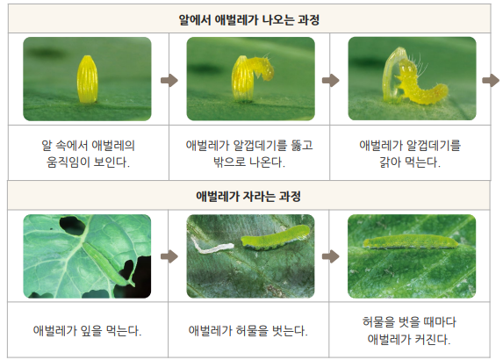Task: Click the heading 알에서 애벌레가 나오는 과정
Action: click(249, 20)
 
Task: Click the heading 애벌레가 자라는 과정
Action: click(248, 196)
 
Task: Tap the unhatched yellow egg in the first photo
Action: click(87, 79)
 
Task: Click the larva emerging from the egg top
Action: click(263, 68)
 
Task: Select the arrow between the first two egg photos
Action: click(169, 80)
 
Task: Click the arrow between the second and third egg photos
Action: click(331, 80)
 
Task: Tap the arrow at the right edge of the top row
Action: click(491, 80)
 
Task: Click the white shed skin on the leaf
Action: click(212, 247)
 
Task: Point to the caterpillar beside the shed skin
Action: click(276, 237)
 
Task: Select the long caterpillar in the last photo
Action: click(411, 241)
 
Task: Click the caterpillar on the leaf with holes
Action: click(108, 263)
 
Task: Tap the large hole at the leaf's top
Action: click(73, 226)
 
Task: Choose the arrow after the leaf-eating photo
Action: click(169, 256)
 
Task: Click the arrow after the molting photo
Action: click(331, 256)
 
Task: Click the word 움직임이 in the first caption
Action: click(68, 162)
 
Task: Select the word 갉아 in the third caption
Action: click(390, 162)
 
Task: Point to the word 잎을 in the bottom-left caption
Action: click(91, 330)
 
